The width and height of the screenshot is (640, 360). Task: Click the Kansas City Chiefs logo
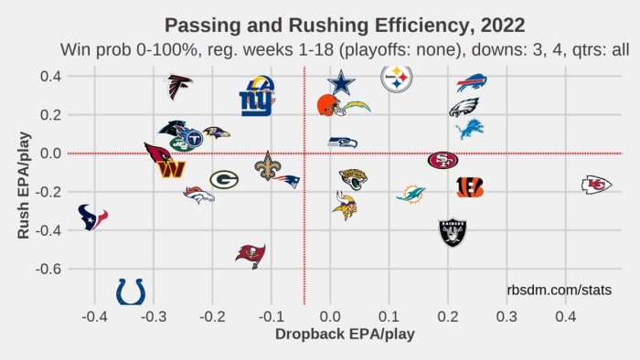pyautogui.click(x=596, y=185)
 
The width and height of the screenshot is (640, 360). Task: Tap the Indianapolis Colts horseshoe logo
pyautogui.click(x=131, y=291)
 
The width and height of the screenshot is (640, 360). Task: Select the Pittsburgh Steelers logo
pyautogui.click(x=396, y=79)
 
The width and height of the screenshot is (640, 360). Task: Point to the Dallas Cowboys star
pyautogui.click(x=341, y=83)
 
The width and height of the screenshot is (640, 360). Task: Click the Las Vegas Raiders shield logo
pyautogui.click(x=453, y=232)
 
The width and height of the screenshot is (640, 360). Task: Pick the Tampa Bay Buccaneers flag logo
pyautogui.click(x=251, y=254)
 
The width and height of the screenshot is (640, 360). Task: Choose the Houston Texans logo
pyautogui.click(x=92, y=217)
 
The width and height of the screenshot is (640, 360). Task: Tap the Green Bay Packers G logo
pyautogui.click(x=224, y=179)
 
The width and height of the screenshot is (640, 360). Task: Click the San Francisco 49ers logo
pyautogui.click(x=443, y=160)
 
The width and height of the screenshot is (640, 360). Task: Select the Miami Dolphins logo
pyautogui.click(x=411, y=194)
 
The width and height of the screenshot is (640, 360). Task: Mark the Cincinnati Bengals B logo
pyautogui.click(x=470, y=187)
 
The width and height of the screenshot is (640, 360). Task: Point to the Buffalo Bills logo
pyautogui.click(x=472, y=83)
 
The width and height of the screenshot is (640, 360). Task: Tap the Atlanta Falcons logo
pyautogui.click(x=179, y=87)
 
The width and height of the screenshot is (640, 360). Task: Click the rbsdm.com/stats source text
pyautogui.click(x=559, y=290)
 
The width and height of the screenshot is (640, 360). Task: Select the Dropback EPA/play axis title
pyautogui.click(x=345, y=334)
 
